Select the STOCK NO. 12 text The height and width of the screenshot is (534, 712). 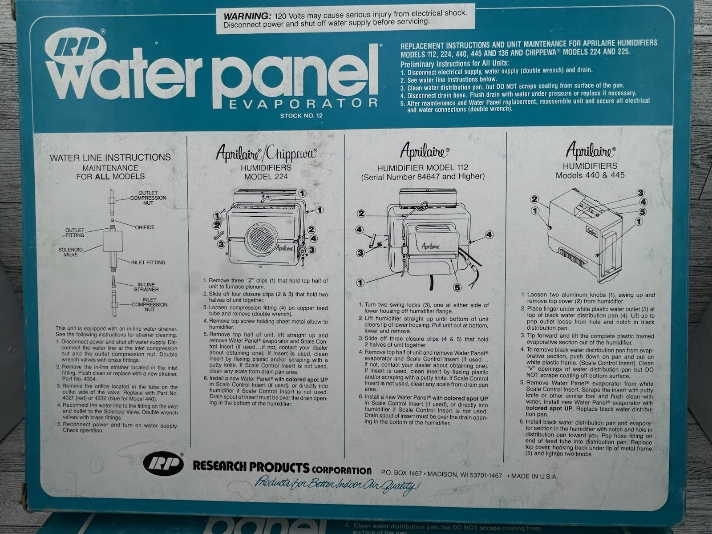point(301,116)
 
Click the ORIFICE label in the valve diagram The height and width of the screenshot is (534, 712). point(145,227)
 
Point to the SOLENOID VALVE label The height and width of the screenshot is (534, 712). point(70,252)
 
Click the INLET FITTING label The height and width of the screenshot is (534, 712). point(148,262)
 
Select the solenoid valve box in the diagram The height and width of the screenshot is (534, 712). point(112,242)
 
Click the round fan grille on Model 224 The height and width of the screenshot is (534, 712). point(262,237)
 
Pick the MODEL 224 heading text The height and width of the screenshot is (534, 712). point(266,177)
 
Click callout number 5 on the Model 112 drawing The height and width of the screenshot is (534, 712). point(457,287)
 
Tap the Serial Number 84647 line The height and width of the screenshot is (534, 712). point(423,177)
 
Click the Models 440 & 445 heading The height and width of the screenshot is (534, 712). point(590,175)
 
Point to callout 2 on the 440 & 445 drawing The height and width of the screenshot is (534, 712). point(535,199)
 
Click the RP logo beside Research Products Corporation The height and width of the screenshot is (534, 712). point(163,465)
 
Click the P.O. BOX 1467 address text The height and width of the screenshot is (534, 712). point(401,474)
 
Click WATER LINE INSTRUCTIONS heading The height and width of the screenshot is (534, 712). point(110,158)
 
